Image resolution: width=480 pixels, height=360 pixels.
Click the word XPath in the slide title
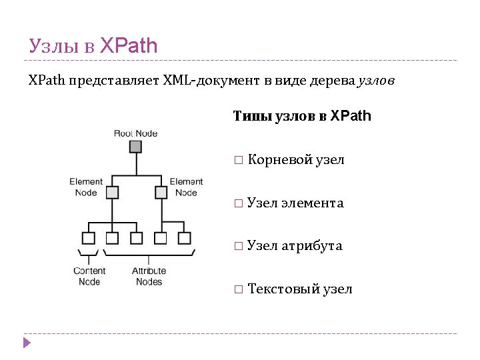129,46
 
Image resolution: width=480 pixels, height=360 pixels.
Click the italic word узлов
377,81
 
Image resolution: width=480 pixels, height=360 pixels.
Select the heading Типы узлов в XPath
302,117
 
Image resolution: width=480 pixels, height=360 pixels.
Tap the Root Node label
135,133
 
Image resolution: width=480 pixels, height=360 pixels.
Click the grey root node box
135,147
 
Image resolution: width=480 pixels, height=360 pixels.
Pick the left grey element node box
111,193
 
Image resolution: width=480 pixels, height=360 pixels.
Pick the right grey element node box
161,193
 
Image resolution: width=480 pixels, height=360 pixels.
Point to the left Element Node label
86,187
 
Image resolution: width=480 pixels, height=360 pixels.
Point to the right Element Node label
186,187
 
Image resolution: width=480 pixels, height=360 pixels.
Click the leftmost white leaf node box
87,238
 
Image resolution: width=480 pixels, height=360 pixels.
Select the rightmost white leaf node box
185,238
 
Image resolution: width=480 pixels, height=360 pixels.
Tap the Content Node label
89,276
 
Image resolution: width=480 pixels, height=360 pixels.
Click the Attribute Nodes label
149,276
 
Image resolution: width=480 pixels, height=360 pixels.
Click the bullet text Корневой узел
296,160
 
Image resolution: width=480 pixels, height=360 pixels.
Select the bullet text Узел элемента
295,203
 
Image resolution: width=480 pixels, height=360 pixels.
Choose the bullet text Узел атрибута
295,246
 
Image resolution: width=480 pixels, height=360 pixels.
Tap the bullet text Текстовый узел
299,289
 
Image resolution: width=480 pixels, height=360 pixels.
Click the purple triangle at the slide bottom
27,343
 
